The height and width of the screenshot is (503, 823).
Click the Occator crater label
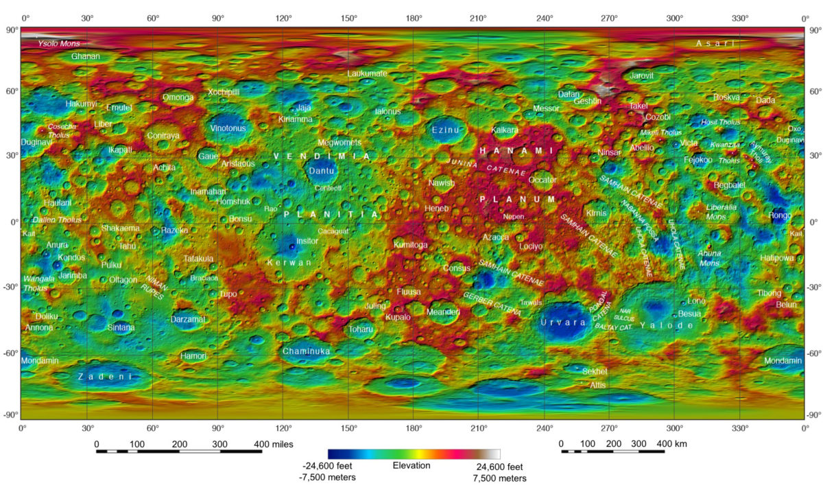542,180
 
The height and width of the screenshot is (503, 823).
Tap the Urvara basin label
563,323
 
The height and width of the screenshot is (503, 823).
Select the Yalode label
667,325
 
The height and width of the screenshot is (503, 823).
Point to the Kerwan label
289,263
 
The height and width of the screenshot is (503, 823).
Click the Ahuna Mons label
709,258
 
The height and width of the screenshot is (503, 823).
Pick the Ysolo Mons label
59,44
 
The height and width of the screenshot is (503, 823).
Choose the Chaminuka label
307,351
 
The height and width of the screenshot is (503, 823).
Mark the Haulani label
58,203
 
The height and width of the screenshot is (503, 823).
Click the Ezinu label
445,130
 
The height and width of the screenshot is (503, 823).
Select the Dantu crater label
322,170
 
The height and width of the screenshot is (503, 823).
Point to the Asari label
715,44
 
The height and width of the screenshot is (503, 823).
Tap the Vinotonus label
228,128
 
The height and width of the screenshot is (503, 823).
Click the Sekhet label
595,371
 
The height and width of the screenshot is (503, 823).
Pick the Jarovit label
642,75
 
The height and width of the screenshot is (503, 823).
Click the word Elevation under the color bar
411,466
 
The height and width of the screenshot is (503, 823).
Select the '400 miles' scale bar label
274,444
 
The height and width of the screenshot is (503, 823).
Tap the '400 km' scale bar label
672,444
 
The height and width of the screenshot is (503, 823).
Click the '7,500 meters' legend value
500,478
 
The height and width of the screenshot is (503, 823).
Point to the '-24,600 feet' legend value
329,467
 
